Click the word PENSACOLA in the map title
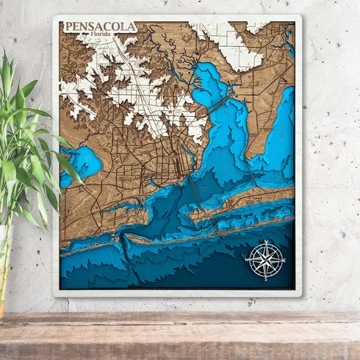point(100,27)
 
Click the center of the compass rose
point(266,260)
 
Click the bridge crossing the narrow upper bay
point(220,106)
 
